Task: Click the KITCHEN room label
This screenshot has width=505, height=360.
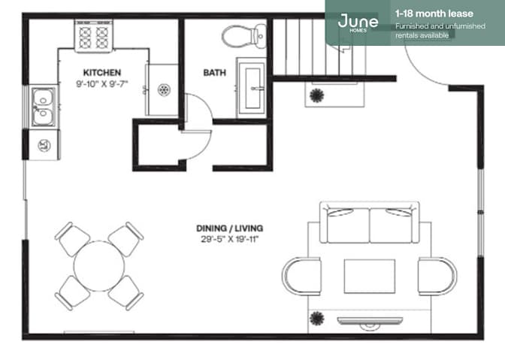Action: tap(102, 72)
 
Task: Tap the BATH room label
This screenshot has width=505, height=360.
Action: tap(214, 72)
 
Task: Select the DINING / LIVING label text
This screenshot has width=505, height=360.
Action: tap(230, 228)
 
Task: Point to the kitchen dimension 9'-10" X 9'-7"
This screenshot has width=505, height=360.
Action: tap(102, 84)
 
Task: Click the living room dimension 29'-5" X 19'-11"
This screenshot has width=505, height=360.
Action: tap(230, 239)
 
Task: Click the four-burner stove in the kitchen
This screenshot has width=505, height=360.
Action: tap(94, 36)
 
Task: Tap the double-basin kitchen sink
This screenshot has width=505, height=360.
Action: tap(43, 107)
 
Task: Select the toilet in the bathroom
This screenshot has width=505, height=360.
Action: tap(243, 36)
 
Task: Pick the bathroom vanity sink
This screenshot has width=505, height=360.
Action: tap(252, 88)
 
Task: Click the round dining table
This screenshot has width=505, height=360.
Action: tap(99, 266)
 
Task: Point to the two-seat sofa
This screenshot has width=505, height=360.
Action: tap(370, 222)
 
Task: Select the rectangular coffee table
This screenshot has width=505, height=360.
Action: tap(370, 277)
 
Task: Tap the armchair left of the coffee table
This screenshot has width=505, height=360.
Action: tap(302, 276)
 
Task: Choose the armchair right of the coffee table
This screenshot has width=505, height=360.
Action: tap(437, 276)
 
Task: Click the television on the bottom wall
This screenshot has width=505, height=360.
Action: tap(370, 322)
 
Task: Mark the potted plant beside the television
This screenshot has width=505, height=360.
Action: tap(317, 319)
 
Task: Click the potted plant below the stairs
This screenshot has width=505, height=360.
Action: tap(317, 95)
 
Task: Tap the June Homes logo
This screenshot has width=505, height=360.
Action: tap(358, 23)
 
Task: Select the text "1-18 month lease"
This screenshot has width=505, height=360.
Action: tap(434, 14)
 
